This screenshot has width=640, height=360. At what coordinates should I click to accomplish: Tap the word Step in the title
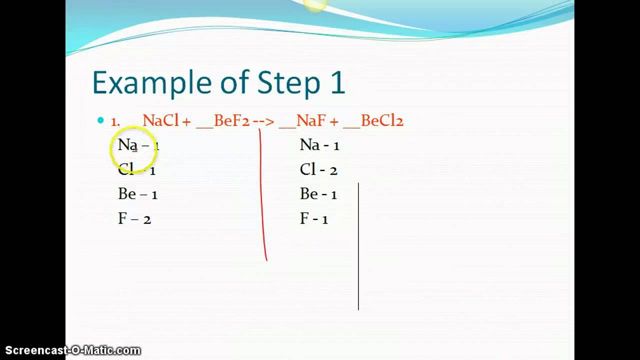288,82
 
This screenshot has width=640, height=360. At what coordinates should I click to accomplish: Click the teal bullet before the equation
100,120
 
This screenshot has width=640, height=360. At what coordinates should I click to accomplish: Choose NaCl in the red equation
160,121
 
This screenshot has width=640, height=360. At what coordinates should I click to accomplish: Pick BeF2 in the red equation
231,121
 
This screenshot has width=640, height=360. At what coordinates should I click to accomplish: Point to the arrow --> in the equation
263,121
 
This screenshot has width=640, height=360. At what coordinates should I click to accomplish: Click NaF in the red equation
311,121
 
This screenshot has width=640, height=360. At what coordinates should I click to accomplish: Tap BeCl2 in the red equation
382,121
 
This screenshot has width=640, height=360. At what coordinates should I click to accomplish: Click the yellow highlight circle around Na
133,148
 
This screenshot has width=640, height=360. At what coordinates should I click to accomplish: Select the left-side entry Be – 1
137,194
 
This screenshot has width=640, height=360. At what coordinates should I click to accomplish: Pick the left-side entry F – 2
134,219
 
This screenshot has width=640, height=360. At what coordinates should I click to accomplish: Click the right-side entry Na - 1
319,145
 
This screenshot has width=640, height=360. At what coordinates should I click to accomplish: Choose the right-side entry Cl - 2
318,170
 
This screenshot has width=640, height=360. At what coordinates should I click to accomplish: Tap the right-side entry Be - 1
318,194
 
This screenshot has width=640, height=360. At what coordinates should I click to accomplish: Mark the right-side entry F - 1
314,219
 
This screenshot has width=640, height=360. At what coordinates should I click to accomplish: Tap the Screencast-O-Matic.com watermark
73,350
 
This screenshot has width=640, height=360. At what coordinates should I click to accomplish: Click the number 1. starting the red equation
115,121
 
